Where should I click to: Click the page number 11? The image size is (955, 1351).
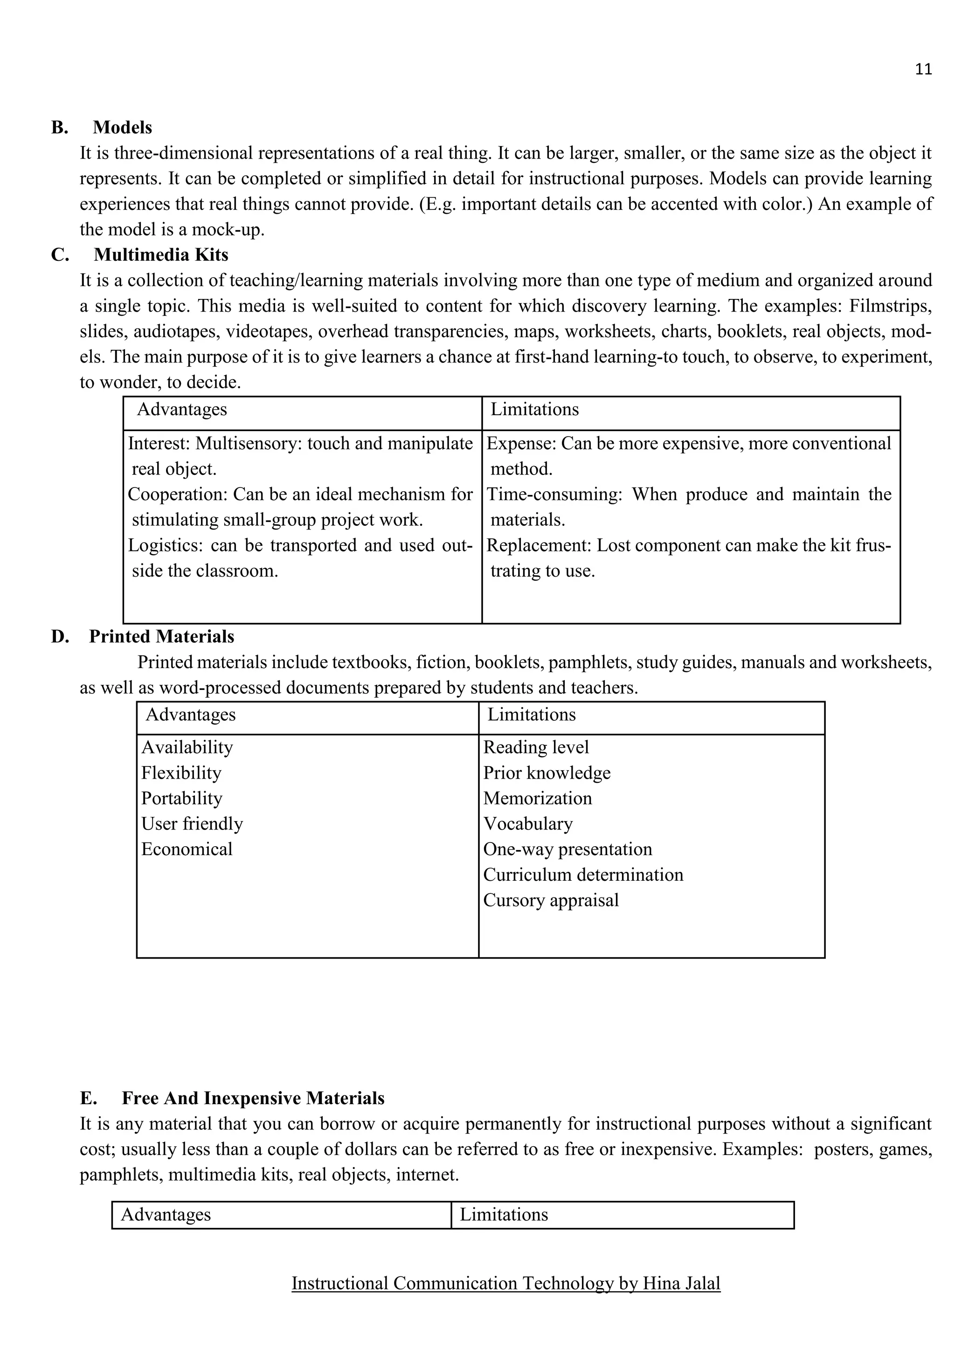[x=923, y=70]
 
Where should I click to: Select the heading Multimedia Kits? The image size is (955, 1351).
[x=160, y=255]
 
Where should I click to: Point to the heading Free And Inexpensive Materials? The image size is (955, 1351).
[x=253, y=1099]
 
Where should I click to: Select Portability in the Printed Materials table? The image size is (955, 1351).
[x=182, y=799]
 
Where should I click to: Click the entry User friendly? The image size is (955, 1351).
[x=192, y=824]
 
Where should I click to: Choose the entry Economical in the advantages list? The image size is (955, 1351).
[x=187, y=849]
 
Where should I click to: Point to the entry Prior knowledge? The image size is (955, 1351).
[x=547, y=773]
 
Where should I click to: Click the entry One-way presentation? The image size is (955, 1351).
[x=567, y=849]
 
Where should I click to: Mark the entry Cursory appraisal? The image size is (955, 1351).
[x=550, y=900]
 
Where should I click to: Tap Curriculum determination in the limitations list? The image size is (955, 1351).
[x=583, y=875]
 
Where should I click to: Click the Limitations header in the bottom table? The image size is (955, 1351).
[x=503, y=1214]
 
